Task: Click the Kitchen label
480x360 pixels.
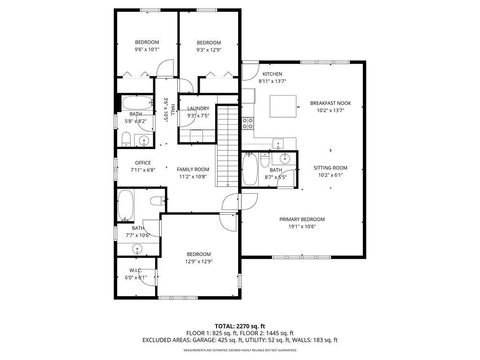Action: pyautogui.click(x=272, y=74)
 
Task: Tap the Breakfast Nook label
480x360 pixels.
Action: pyautogui.click(x=329, y=103)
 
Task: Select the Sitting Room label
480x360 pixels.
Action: pyautogui.click(x=330, y=167)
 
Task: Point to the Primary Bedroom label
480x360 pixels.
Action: pyautogui.click(x=302, y=218)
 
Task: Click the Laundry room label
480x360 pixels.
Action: pyautogui.click(x=197, y=108)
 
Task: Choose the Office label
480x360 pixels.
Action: pyautogui.click(x=143, y=163)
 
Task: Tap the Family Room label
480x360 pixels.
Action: pyautogui.click(x=193, y=169)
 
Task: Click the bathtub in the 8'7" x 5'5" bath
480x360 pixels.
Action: pyautogui.click(x=248, y=170)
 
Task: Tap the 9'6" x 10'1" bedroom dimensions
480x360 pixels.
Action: pyautogui.click(x=146, y=48)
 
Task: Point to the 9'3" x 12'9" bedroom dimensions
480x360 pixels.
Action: pyautogui.click(x=208, y=48)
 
